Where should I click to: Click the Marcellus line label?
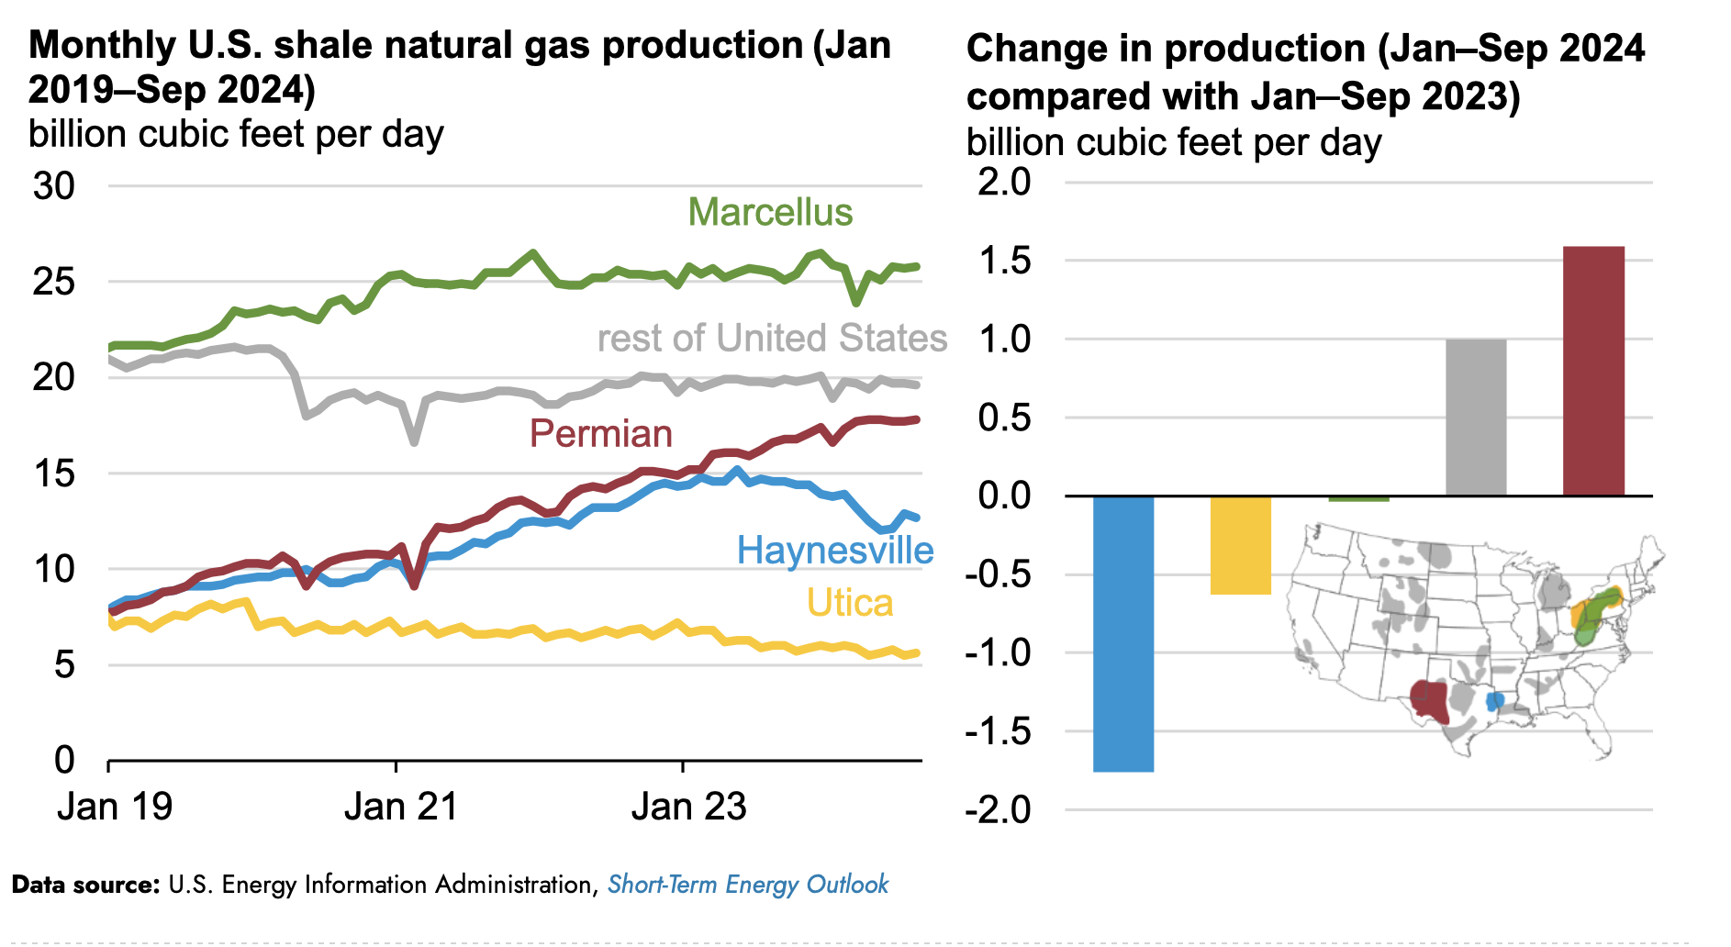coord(770,213)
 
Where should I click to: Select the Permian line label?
coord(601,434)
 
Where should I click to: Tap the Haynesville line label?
coord(835,551)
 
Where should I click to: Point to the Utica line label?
coord(850,604)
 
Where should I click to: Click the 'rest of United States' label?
coord(772,339)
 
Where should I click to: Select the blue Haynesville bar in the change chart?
coord(1123,633)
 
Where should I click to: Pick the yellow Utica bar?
coord(1241,545)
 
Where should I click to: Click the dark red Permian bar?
coord(1593,371)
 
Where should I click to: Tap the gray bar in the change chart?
coord(1476,418)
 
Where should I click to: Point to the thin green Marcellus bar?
coord(1358,499)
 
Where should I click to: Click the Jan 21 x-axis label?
coord(400,808)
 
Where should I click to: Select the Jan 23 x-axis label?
coord(688,808)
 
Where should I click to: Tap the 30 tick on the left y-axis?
coord(54,186)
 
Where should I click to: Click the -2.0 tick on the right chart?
coord(998,810)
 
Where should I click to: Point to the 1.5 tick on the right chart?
coord(1004,261)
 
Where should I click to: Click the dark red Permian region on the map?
coord(1429,701)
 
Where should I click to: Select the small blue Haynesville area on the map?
coord(1494,702)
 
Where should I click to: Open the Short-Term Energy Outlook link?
coord(748,885)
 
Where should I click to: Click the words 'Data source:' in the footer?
coord(85,885)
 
